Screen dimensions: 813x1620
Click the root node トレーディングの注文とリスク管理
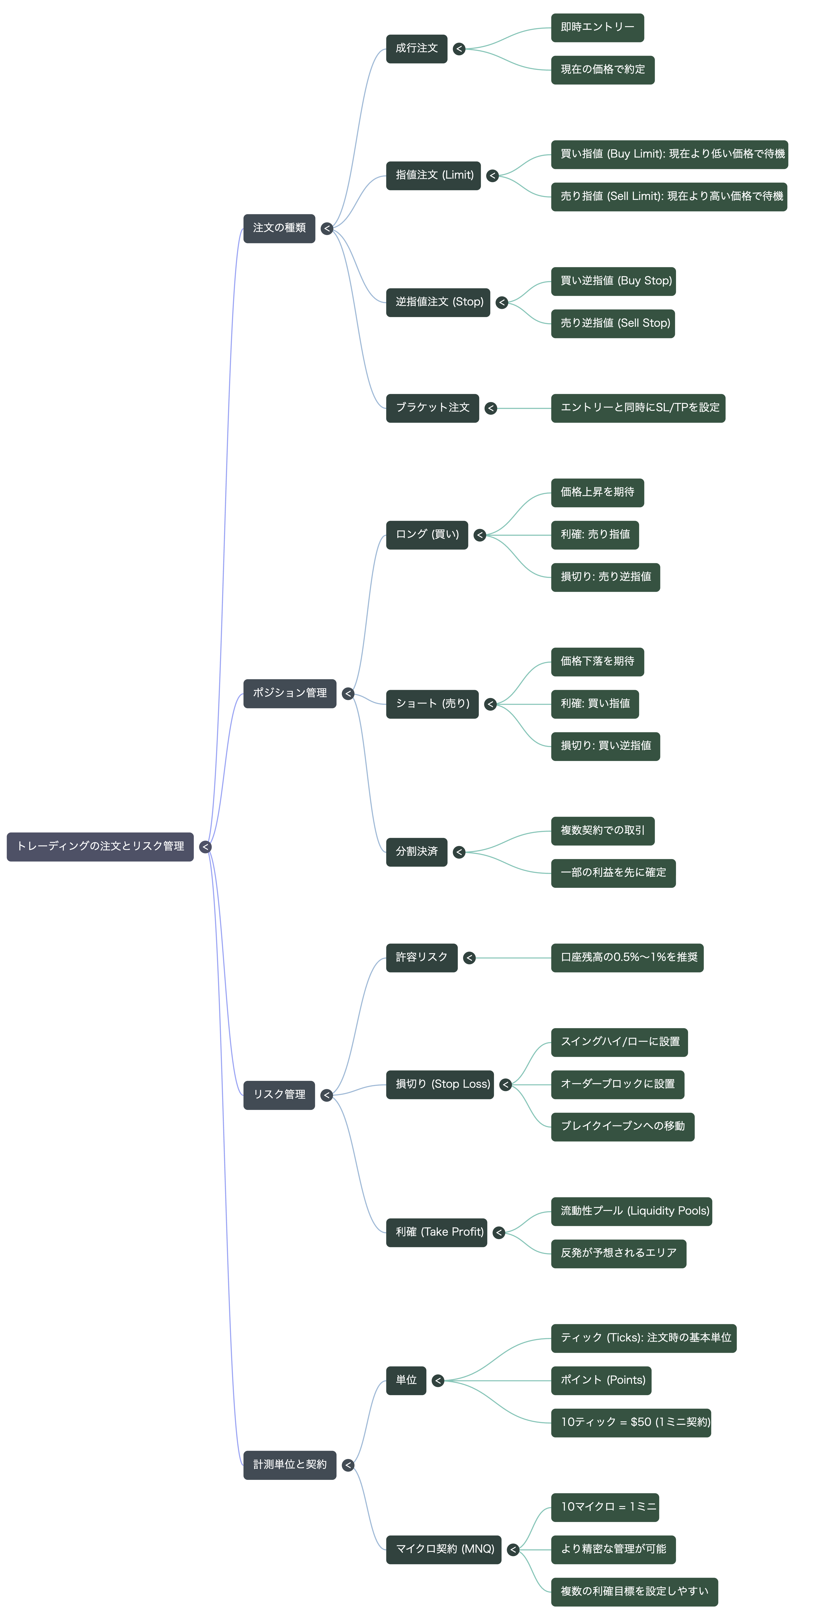click(100, 847)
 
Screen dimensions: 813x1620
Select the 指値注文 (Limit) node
click(433, 175)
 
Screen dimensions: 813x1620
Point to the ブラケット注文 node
click(433, 408)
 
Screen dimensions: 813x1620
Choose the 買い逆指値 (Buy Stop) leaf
click(613, 281)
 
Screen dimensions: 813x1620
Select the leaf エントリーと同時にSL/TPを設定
click(638, 408)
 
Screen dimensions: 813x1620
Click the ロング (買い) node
click(427, 535)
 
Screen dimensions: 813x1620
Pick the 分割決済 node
click(416, 852)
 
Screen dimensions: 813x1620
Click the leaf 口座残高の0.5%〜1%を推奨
click(627, 958)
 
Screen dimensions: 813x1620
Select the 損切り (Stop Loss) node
click(440, 1085)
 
